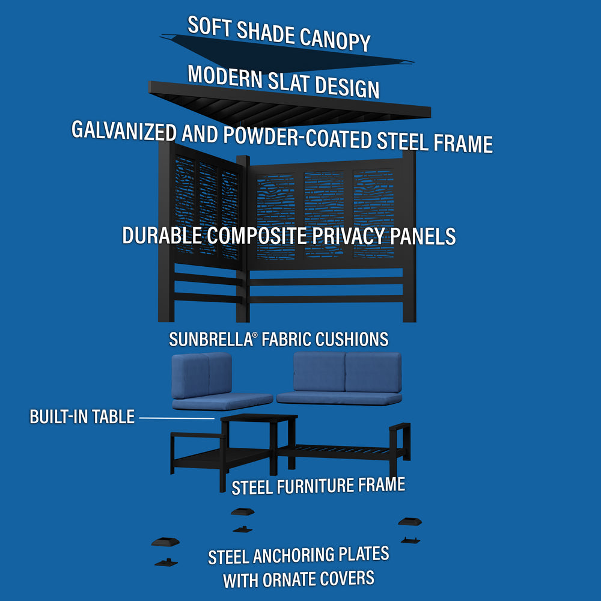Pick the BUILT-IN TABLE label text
[x=82, y=417]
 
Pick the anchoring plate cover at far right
[x=409, y=520]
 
